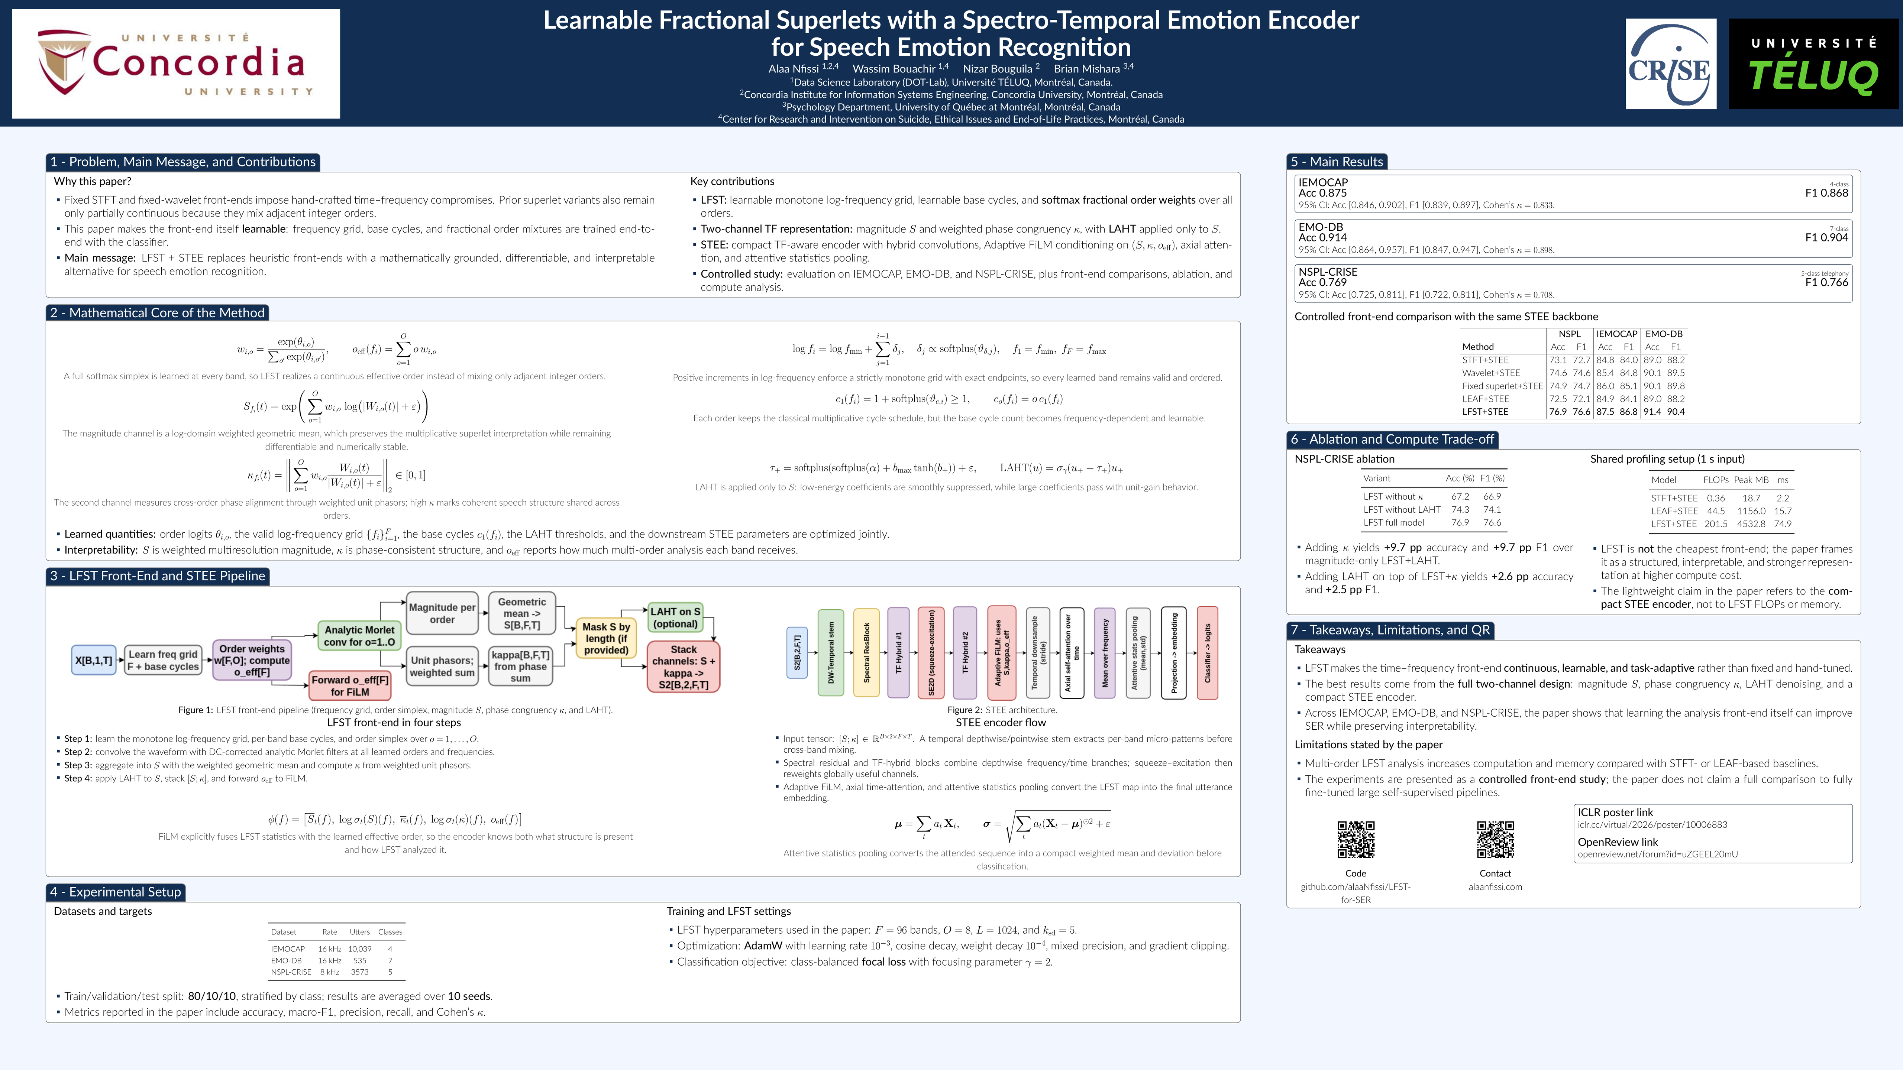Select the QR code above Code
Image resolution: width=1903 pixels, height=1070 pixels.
[1356, 840]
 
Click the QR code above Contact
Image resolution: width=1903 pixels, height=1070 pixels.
[1495, 840]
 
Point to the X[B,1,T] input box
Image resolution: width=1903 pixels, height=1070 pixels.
[94, 660]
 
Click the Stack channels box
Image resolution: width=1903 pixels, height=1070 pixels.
[684, 667]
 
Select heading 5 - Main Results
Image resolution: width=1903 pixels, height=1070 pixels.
[1337, 162]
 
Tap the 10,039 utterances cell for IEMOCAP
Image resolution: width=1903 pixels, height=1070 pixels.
[360, 949]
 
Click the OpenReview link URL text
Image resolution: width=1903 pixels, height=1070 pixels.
[1658, 855]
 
